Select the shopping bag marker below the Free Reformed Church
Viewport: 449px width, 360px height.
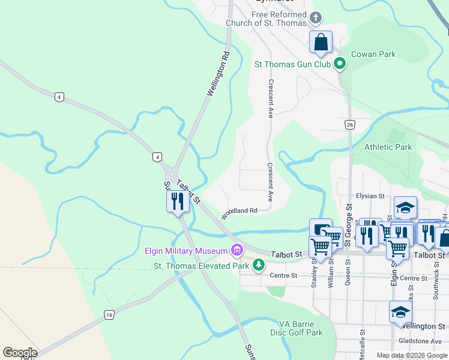coord(321,43)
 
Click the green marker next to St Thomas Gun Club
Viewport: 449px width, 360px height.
coord(340,64)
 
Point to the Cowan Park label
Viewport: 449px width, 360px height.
coord(373,54)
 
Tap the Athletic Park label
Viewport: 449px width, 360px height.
coord(388,147)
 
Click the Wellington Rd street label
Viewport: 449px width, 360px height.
coord(218,74)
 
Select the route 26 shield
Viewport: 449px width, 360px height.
coord(349,124)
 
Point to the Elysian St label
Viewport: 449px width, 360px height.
coord(370,196)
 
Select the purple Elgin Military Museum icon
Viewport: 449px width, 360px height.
coord(238,250)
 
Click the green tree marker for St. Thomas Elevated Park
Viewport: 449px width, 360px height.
coord(258,265)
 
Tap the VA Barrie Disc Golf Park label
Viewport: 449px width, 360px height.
coord(297,328)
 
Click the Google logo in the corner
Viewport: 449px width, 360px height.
coord(20,353)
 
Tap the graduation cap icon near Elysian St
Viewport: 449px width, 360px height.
coord(406,207)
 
